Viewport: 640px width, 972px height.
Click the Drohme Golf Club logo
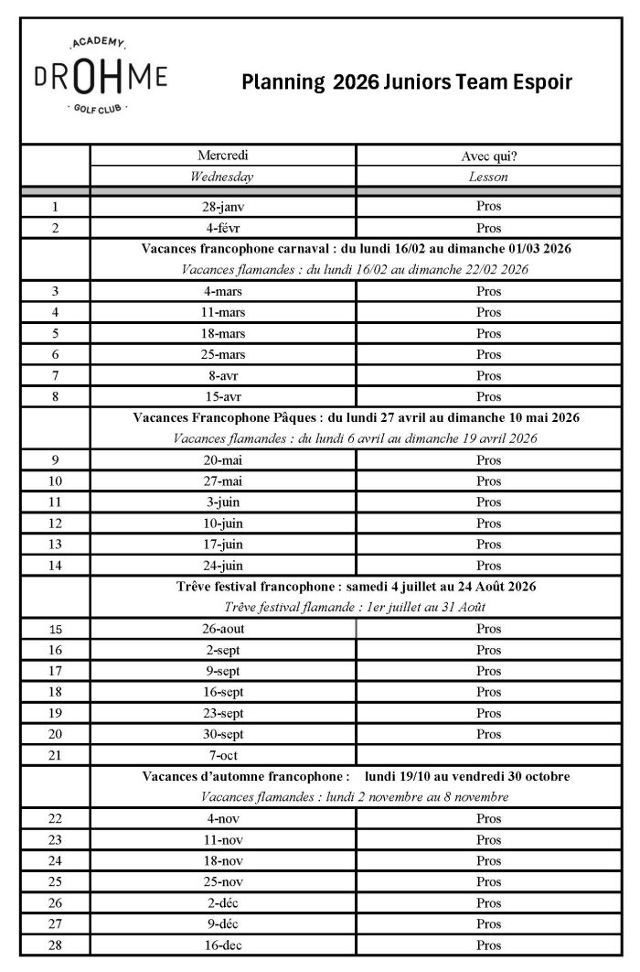(101, 77)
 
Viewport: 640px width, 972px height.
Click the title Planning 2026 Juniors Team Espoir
(407, 83)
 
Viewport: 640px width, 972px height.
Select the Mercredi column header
(223, 156)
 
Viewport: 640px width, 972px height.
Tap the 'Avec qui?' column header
(489, 156)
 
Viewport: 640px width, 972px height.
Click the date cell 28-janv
(223, 207)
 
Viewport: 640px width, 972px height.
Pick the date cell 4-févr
(223, 228)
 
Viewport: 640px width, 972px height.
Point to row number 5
(55, 333)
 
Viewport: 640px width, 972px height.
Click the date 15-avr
(223, 396)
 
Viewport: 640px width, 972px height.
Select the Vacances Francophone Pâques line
(356, 417)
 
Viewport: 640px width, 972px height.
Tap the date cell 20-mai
(223, 460)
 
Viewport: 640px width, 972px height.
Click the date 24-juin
(223, 566)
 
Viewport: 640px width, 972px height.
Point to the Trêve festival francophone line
(356, 587)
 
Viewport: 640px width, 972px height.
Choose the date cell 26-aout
(223, 629)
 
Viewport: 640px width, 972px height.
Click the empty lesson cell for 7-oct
(489, 755)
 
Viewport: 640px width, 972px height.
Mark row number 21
(55, 755)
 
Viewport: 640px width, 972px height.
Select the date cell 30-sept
(223, 734)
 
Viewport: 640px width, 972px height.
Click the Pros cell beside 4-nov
(489, 818)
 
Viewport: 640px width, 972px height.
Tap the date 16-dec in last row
(223, 945)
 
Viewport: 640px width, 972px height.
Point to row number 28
(55, 945)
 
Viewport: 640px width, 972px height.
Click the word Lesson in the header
(489, 177)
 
